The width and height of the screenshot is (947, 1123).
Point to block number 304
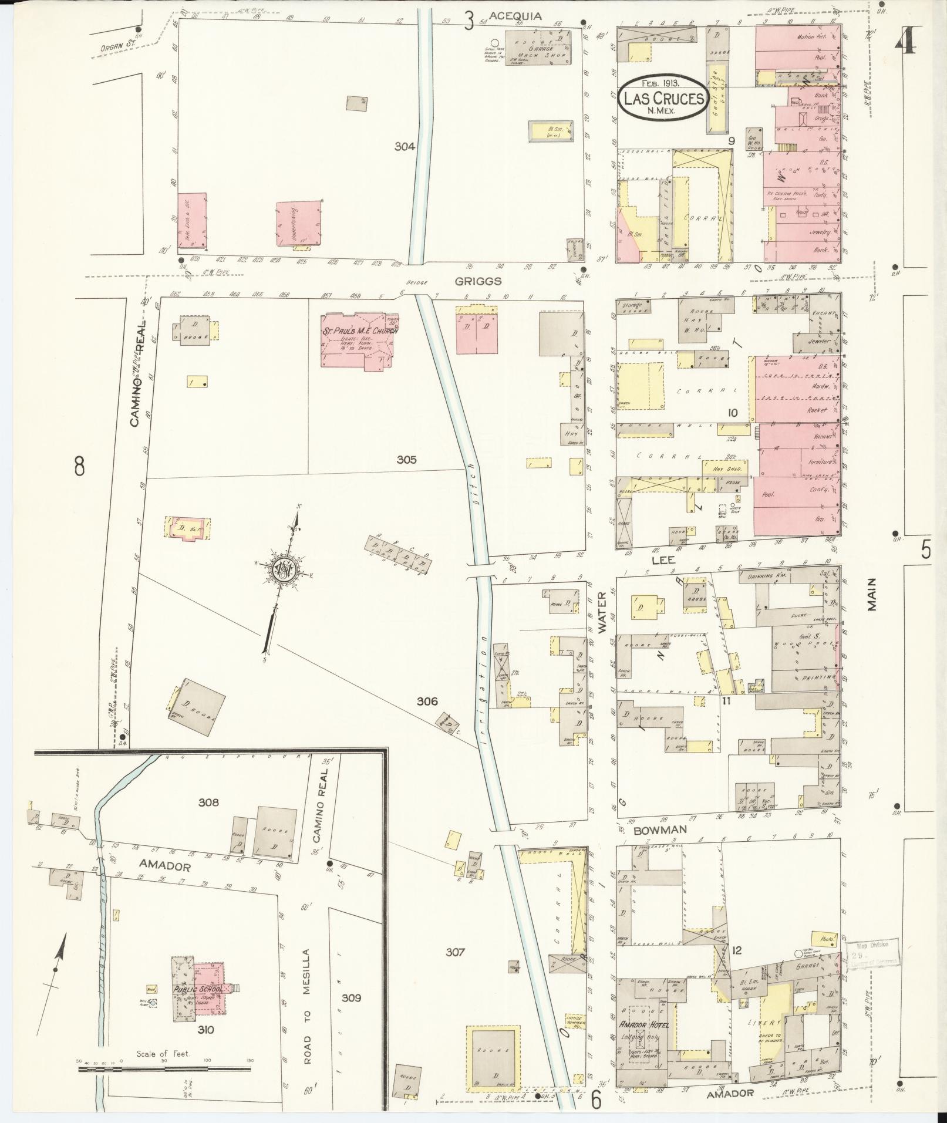pos(405,147)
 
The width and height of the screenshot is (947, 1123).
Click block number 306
pos(427,701)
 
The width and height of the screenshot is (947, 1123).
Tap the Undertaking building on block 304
pos(299,224)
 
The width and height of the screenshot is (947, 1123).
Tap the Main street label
pos(871,593)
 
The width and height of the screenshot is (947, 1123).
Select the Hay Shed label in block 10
pos(725,468)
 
